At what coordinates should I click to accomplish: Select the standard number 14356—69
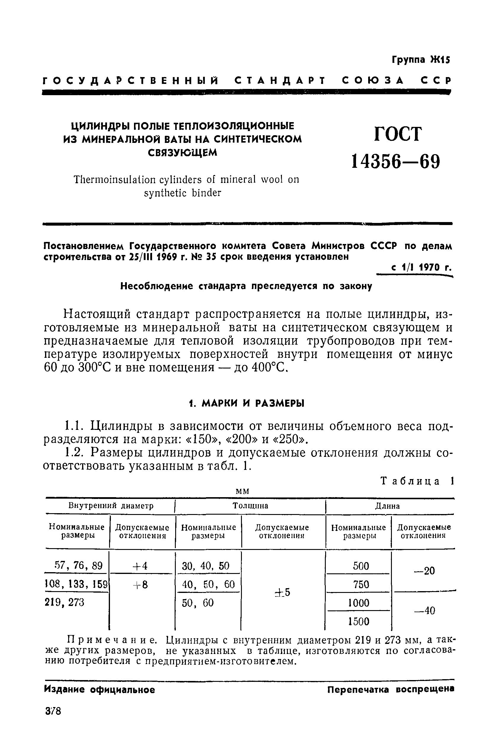[396, 162]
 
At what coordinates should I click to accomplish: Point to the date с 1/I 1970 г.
[420, 268]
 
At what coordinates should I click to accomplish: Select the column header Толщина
[250, 506]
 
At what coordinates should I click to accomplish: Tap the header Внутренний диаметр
[111, 505]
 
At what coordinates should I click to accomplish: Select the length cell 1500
[358, 622]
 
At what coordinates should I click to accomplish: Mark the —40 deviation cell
[425, 610]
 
